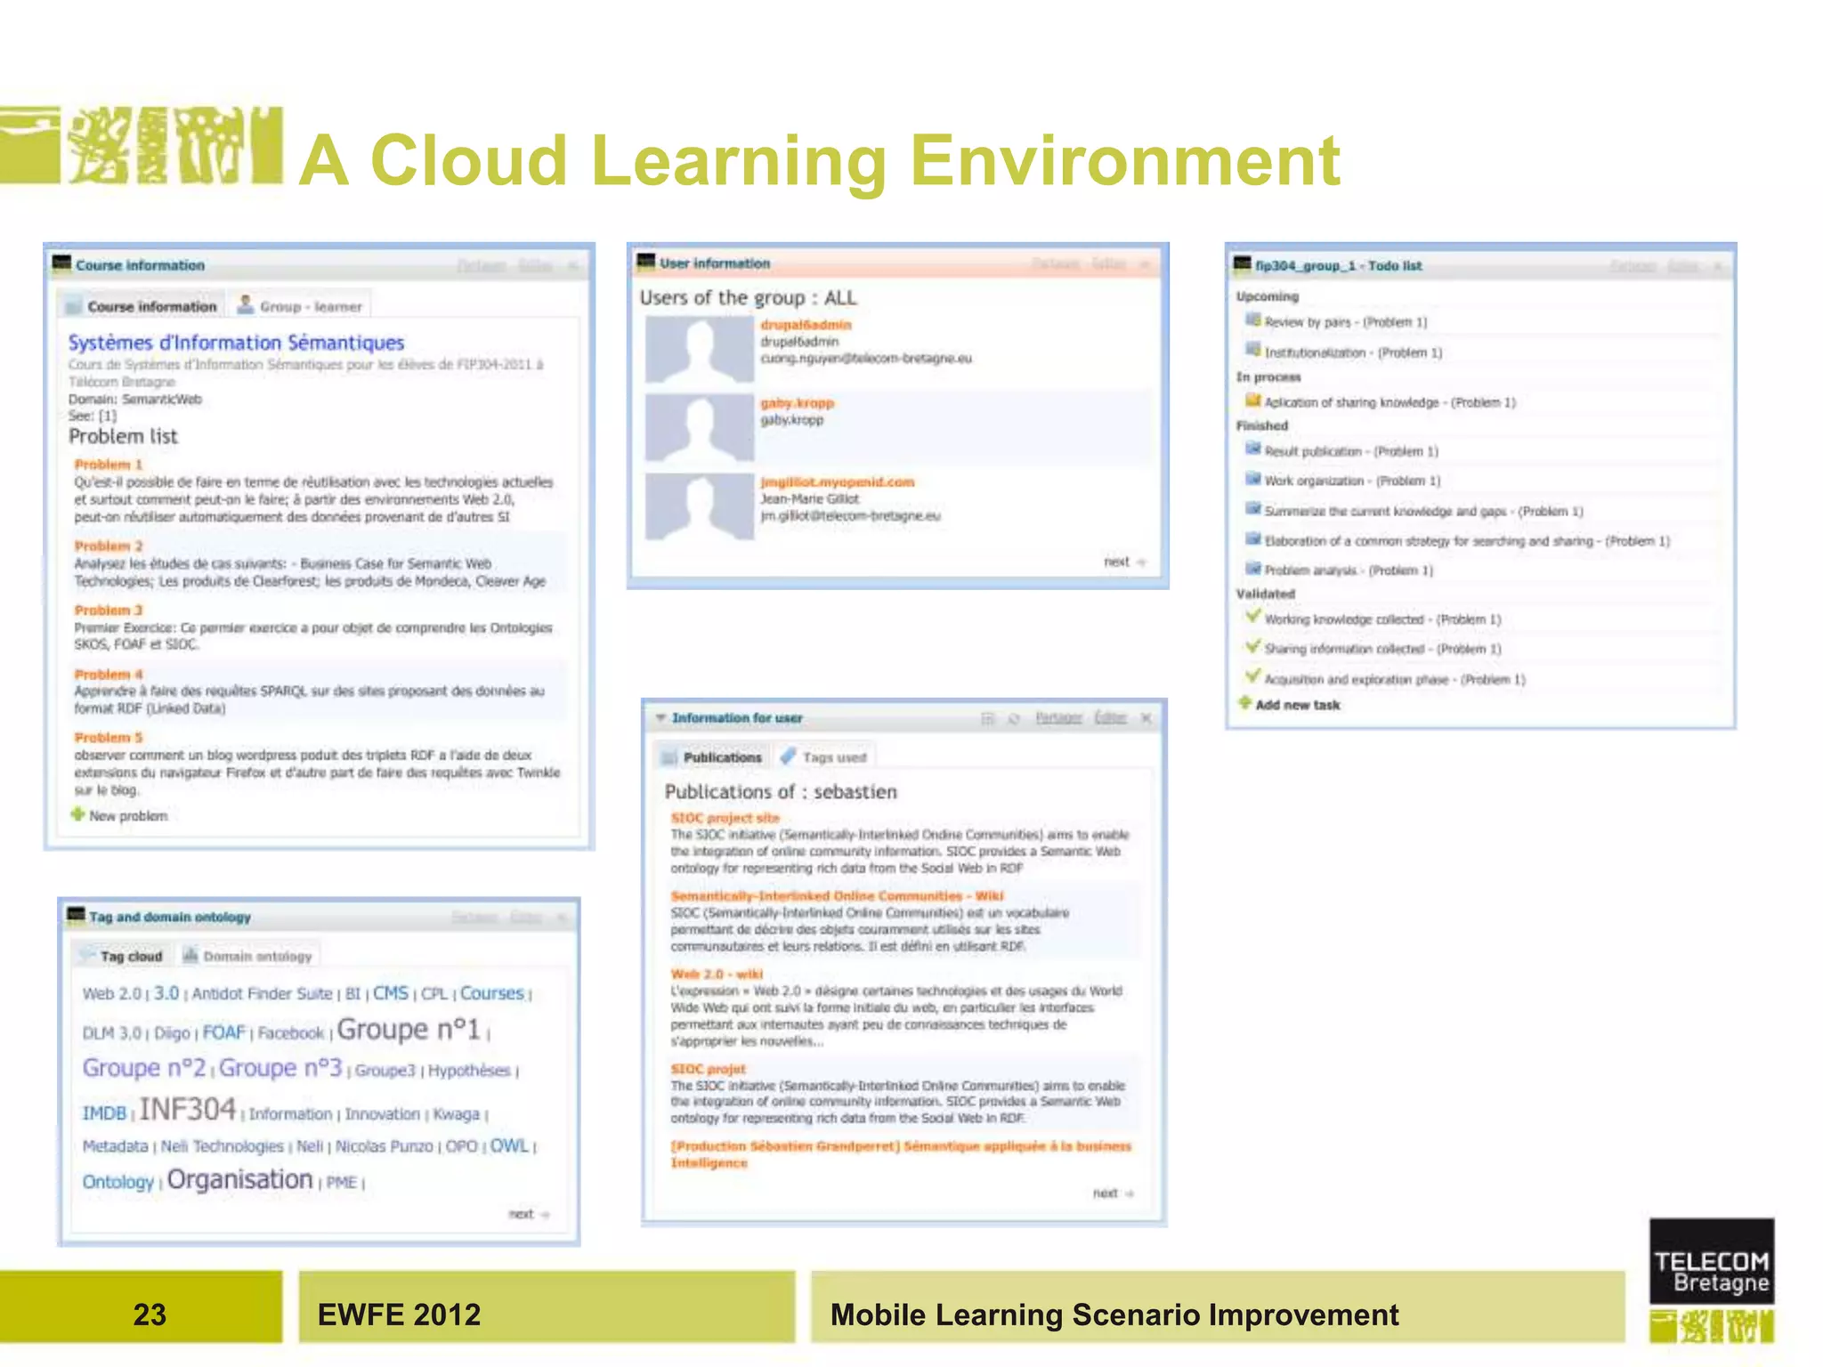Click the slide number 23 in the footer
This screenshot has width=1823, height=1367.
(x=150, y=1314)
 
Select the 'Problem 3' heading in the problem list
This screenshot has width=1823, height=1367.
(x=109, y=610)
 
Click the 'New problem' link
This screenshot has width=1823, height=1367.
(x=127, y=815)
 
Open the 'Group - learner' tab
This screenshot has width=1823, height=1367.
(x=310, y=306)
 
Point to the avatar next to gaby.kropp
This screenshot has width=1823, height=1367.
(x=700, y=428)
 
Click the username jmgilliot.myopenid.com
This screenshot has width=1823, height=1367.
(x=837, y=481)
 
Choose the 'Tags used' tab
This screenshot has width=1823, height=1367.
(x=833, y=757)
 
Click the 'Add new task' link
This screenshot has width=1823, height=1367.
(x=1297, y=705)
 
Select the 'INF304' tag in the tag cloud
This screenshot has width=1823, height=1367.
(x=188, y=1109)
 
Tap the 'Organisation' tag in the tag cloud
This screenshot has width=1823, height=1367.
(x=240, y=1179)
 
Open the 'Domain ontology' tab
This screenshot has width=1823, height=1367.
(x=256, y=957)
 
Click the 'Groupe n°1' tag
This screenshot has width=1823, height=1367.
(x=409, y=1029)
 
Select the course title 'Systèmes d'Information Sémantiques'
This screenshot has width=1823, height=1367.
(x=236, y=343)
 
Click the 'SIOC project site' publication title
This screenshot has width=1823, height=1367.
(x=725, y=817)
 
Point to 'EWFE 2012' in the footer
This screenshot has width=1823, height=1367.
(x=399, y=1314)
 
